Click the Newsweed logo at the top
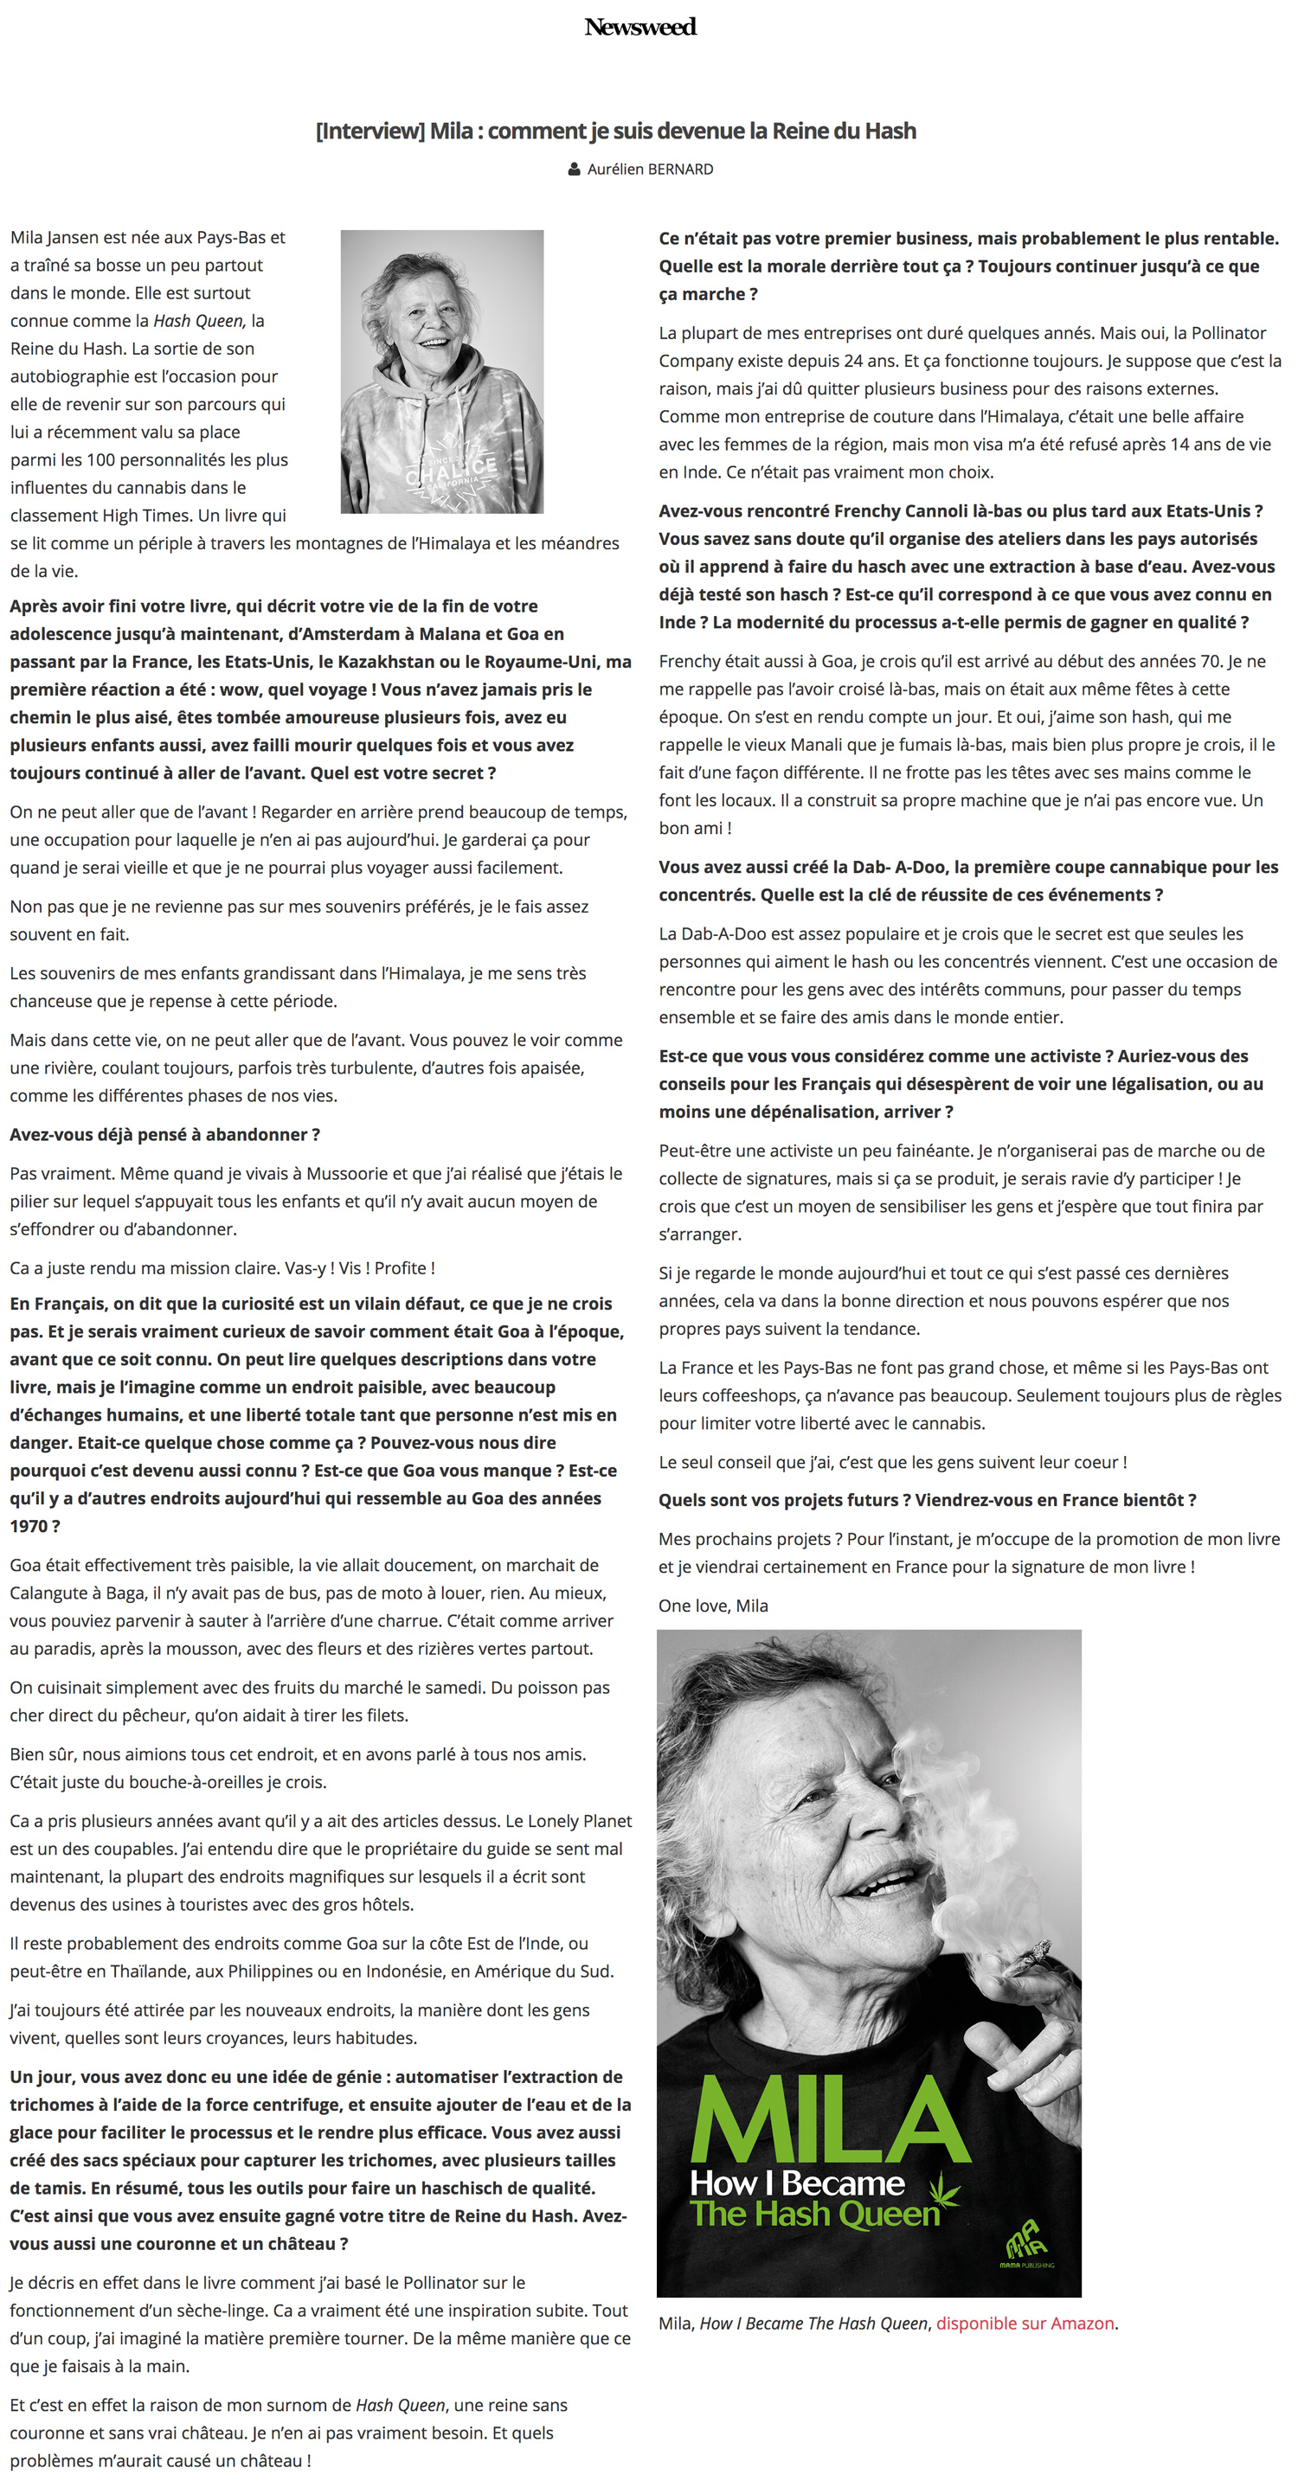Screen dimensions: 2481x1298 639,27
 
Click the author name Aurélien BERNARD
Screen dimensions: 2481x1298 651,170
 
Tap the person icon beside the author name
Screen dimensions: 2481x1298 575,170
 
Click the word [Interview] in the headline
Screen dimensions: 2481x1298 369,131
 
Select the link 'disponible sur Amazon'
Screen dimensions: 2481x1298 1025,2323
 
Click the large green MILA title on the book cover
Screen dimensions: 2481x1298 831,2121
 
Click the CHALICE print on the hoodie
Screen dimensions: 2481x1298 450,470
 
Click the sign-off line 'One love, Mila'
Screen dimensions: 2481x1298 713,1606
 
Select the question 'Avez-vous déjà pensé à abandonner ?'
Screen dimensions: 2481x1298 164,1135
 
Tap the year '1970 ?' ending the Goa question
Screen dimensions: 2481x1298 35,1527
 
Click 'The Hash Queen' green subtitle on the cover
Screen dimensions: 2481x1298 815,2215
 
